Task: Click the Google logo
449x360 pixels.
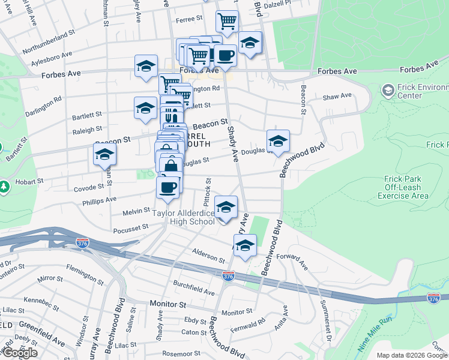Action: [20, 353]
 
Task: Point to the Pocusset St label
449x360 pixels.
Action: [131, 228]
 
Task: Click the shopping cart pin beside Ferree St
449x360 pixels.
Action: [227, 22]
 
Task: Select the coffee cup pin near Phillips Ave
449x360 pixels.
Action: [167, 187]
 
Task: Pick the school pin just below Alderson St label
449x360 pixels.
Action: [245, 245]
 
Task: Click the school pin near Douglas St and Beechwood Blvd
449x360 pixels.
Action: [278, 141]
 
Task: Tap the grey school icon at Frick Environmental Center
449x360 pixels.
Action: [388, 91]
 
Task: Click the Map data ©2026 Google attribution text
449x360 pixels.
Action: [412, 355]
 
